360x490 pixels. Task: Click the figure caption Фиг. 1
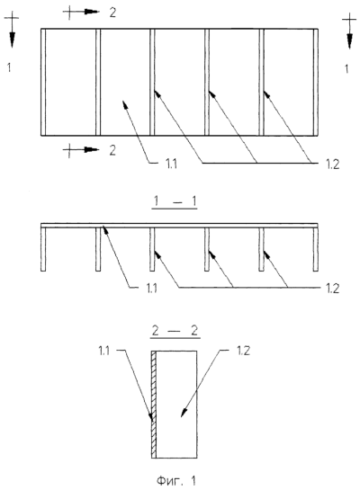click(x=176, y=480)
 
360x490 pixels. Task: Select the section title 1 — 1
click(x=175, y=201)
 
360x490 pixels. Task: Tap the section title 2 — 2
click(x=175, y=331)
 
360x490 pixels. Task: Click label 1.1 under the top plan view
click(x=171, y=164)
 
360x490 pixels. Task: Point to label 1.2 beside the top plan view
click(x=332, y=164)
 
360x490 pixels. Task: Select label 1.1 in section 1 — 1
click(x=152, y=288)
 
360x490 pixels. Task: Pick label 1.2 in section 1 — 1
click(x=332, y=288)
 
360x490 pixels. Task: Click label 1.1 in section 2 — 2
click(x=104, y=351)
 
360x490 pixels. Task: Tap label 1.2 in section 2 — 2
click(x=243, y=351)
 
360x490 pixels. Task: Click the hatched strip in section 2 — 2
click(x=154, y=405)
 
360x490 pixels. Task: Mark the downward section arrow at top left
click(x=12, y=30)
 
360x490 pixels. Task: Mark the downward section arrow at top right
click(x=349, y=31)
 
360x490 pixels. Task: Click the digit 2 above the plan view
click(x=112, y=13)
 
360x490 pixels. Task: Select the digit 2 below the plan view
click(x=112, y=150)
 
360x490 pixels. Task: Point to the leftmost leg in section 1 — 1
click(x=43, y=249)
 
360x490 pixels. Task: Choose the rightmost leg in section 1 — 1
click(x=316, y=249)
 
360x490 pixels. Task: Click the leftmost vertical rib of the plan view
click(x=43, y=82)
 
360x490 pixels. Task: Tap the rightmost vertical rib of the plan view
click(x=316, y=82)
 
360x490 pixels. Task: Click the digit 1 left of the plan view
click(x=9, y=67)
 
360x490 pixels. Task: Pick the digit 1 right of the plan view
click(x=346, y=68)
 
